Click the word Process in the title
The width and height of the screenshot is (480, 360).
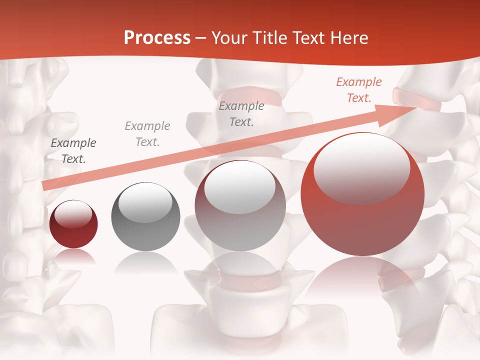pos(157,38)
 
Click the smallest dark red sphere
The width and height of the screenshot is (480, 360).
pos(73,224)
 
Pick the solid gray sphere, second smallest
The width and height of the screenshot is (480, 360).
pos(145,216)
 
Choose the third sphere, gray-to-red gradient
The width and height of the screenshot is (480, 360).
pos(240,205)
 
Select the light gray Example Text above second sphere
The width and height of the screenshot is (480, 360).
pos(147,134)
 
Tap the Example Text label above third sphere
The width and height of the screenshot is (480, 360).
pos(241,113)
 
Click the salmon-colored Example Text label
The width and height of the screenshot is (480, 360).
pos(359,90)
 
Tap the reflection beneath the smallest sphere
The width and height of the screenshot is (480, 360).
pos(73,257)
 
